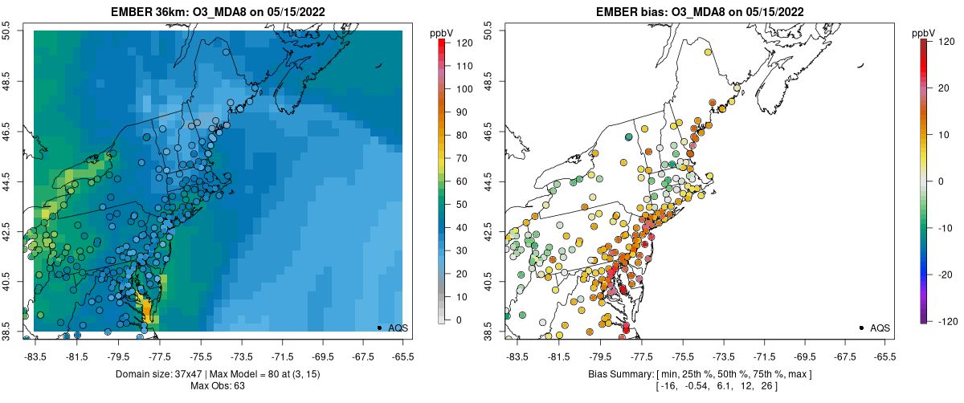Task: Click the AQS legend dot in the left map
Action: click(379, 328)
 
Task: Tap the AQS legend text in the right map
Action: click(881, 328)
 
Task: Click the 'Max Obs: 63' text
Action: click(219, 385)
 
